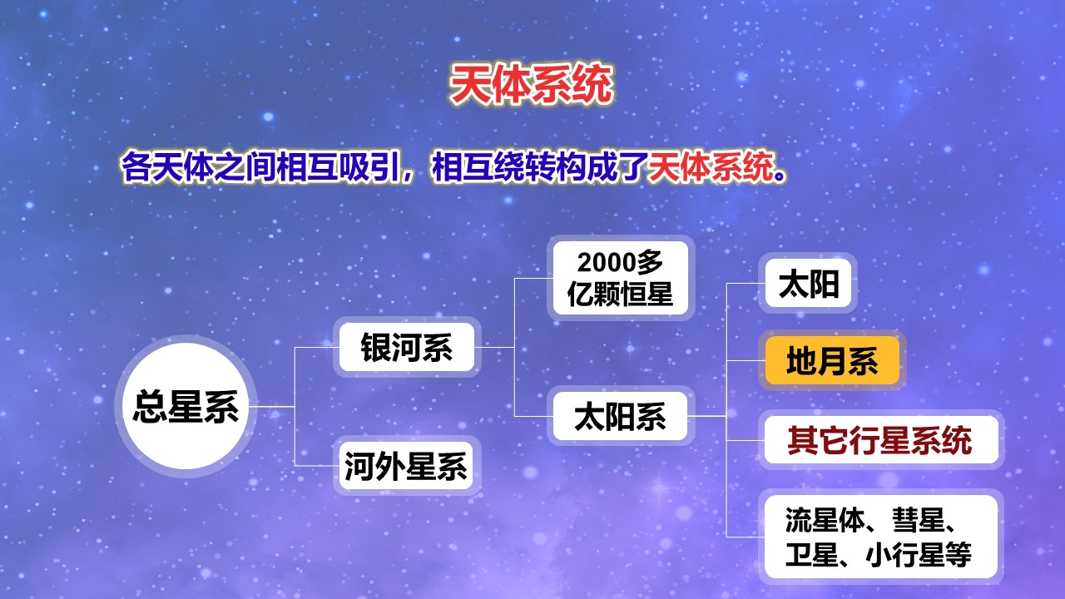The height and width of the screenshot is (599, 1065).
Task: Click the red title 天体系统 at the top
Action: tap(531, 85)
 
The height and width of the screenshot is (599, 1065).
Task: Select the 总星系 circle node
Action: tap(186, 407)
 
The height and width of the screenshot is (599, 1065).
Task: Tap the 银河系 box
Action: tap(407, 347)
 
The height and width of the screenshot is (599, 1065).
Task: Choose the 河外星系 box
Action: tap(407, 466)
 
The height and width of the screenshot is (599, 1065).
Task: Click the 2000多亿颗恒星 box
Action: tap(621, 278)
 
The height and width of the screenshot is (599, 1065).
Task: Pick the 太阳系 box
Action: tap(621, 416)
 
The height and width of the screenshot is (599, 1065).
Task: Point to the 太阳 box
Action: tap(808, 284)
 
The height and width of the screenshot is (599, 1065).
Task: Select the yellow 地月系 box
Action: tap(832, 360)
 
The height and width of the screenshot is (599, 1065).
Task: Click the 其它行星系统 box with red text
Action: tap(881, 440)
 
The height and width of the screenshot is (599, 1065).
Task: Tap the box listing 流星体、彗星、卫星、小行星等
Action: tap(881, 537)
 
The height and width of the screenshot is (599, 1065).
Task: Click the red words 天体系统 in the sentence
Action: tap(711, 167)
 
